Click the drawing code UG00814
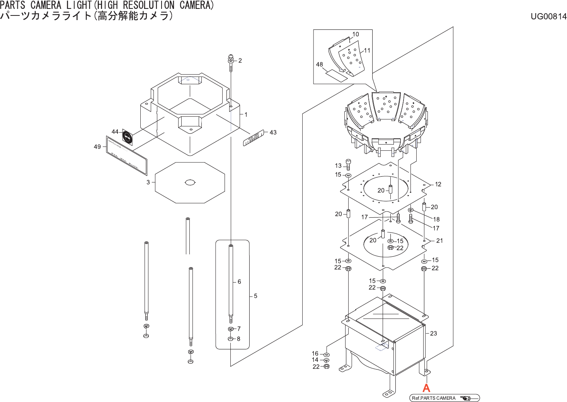(x=548, y=16)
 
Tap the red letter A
(x=426, y=388)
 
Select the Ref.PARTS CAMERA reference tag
(x=444, y=398)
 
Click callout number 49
(x=97, y=147)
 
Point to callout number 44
(x=115, y=132)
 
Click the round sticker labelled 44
(x=127, y=138)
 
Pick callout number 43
(x=273, y=133)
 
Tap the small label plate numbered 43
(x=253, y=138)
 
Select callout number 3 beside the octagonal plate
(x=148, y=182)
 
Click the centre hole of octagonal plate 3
(x=190, y=182)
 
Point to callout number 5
(x=255, y=296)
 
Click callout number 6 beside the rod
(x=239, y=282)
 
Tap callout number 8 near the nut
(x=238, y=339)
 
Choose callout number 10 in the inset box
(x=356, y=34)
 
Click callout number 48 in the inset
(x=319, y=65)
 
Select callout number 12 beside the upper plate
(x=438, y=184)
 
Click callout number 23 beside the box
(x=433, y=333)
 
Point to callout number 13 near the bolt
(x=338, y=166)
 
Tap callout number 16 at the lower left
(x=315, y=353)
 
